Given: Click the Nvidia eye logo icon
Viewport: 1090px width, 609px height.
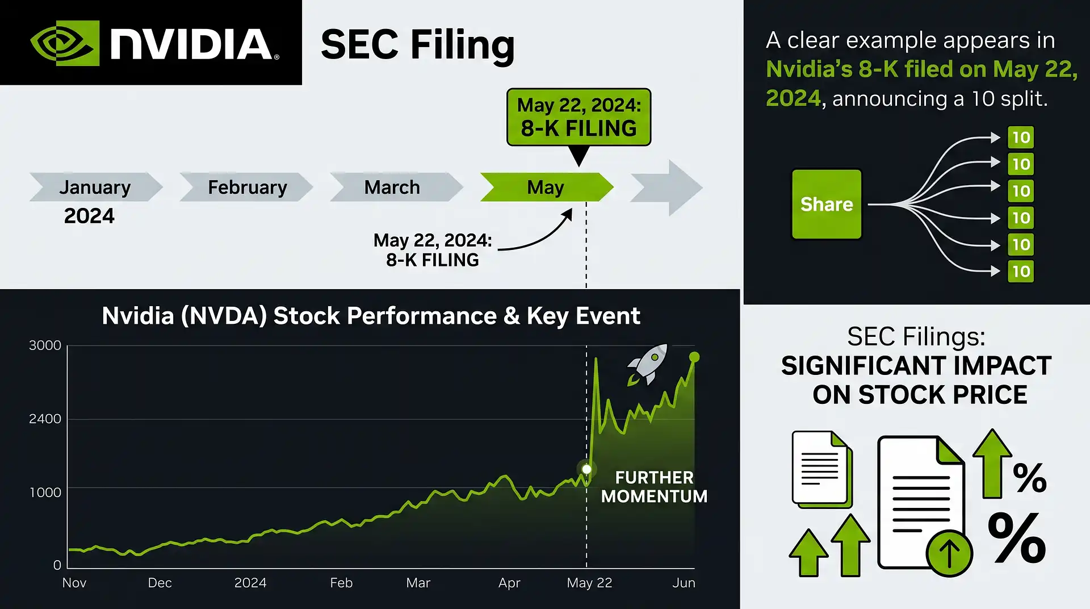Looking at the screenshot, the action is tap(65, 43).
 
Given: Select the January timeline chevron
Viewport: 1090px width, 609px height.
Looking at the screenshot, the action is tap(96, 187).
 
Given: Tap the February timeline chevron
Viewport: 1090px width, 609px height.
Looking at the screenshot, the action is tap(246, 187).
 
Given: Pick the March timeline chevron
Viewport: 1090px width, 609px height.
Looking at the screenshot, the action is tap(396, 187).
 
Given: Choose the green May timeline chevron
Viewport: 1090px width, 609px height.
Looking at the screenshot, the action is tap(547, 187).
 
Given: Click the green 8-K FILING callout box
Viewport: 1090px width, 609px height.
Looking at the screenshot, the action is tap(578, 117).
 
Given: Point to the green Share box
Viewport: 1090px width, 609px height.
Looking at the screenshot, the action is tap(827, 204).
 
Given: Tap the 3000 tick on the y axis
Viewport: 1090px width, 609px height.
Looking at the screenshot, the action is tap(45, 345).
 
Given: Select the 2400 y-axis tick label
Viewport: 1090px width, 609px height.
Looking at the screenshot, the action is tap(45, 419).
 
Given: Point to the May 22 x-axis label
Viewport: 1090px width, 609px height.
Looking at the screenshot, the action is tap(589, 583).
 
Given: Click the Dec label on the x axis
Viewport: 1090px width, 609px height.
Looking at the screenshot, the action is tap(160, 583).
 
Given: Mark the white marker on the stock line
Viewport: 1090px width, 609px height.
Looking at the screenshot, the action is tap(586, 469).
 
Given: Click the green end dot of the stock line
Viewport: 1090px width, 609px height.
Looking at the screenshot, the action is tap(694, 357).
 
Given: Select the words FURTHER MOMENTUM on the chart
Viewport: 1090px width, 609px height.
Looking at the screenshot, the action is tap(654, 487).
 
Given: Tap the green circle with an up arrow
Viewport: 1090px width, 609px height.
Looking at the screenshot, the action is tap(949, 553).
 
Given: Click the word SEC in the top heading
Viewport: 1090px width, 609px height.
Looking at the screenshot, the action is tap(360, 44).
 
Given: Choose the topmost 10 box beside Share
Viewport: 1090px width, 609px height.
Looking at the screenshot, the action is tap(1021, 137).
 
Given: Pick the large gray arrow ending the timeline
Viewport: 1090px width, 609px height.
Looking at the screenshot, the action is tap(666, 187).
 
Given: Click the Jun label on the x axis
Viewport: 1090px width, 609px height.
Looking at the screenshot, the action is tap(684, 583).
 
